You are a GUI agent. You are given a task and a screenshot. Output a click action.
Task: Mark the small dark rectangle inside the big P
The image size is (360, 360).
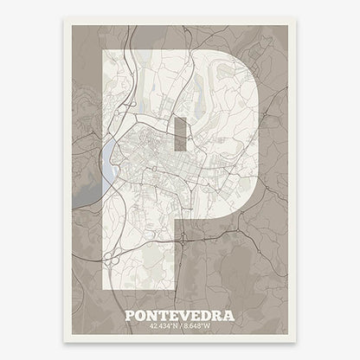tap(179, 134)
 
